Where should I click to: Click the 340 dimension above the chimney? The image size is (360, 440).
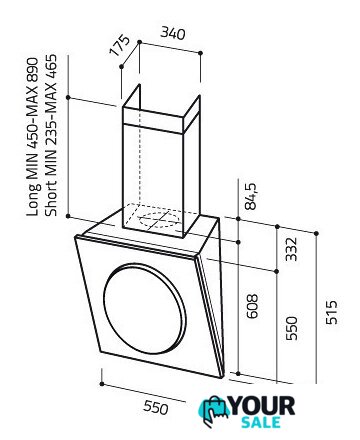pyautogui.click(x=173, y=33)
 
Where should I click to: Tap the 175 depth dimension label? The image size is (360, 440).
pyautogui.click(x=119, y=45)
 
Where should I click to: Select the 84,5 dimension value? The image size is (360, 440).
pyautogui.click(x=250, y=196)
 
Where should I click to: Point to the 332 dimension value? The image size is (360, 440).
pyautogui.click(x=291, y=249)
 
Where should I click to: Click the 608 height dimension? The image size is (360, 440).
pyautogui.click(x=253, y=306)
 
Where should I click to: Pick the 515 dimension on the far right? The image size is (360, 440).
pyautogui.click(x=332, y=312)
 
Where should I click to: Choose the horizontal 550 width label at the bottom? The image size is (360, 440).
pyautogui.click(x=156, y=407)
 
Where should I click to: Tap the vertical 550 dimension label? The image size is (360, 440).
pyautogui.click(x=291, y=328)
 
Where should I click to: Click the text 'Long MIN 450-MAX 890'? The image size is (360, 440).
pyautogui.click(x=33, y=137)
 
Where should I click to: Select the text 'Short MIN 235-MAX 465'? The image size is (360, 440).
pyautogui.click(x=51, y=135)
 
